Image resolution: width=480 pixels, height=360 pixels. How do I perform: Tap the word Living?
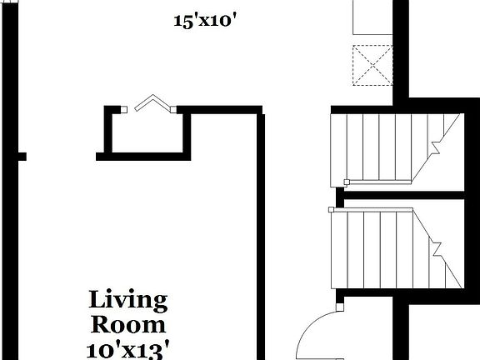(x=128, y=300)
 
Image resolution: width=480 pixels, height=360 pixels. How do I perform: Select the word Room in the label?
(x=128, y=324)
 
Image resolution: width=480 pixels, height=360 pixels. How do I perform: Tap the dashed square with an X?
(x=372, y=65)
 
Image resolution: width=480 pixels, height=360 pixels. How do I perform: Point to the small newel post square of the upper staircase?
(x=347, y=182)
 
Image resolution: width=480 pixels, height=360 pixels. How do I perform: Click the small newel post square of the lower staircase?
(x=332, y=209)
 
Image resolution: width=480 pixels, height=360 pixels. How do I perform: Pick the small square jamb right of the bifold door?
(x=173, y=107)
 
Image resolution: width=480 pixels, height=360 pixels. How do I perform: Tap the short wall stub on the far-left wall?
(x=22, y=156)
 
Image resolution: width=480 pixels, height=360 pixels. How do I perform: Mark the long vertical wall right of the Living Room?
(x=261, y=242)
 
